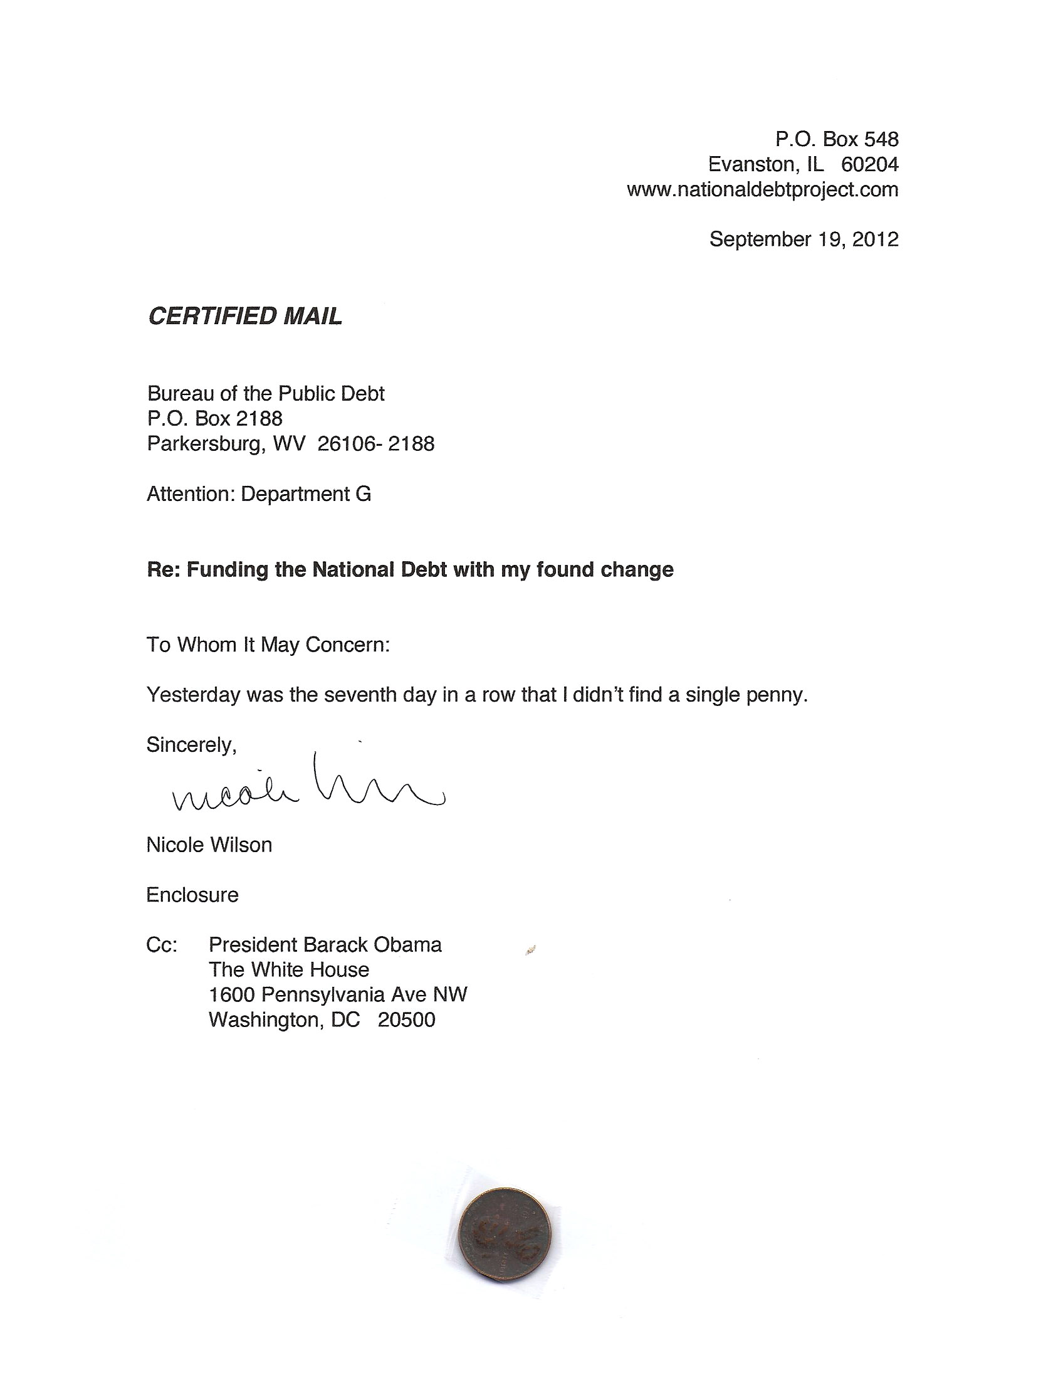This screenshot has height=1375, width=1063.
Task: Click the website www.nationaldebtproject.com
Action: pyautogui.click(x=762, y=189)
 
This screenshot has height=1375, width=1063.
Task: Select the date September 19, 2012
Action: pyautogui.click(x=804, y=240)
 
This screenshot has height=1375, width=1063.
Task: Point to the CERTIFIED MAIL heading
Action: pyautogui.click(x=245, y=316)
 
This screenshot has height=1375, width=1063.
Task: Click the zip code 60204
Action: pyautogui.click(x=869, y=164)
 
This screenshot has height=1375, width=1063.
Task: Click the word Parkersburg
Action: pyautogui.click(x=206, y=444)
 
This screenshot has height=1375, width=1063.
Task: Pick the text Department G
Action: pyautogui.click(x=306, y=494)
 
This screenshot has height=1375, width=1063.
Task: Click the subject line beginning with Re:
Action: pyautogui.click(x=410, y=570)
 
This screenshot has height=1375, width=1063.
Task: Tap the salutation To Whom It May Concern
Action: pyautogui.click(x=268, y=645)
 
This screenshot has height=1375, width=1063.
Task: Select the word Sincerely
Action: pyautogui.click(x=191, y=745)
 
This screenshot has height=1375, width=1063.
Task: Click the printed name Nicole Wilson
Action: pyautogui.click(x=209, y=845)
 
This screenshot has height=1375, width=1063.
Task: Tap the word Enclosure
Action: pyautogui.click(x=192, y=895)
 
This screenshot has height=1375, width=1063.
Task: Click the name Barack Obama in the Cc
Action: pyautogui.click(x=372, y=945)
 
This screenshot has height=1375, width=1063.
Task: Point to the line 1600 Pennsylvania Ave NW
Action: pyautogui.click(x=338, y=995)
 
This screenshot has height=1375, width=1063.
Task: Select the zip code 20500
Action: pyautogui.click(x=406, y=1020)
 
